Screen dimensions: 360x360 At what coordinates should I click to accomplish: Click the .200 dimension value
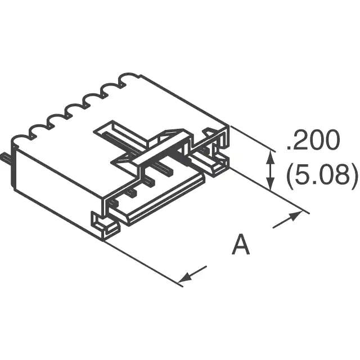[313, 141]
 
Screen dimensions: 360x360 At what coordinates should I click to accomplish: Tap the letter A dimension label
[241, 245]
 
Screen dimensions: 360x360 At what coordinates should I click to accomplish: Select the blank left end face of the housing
[56, 191]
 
